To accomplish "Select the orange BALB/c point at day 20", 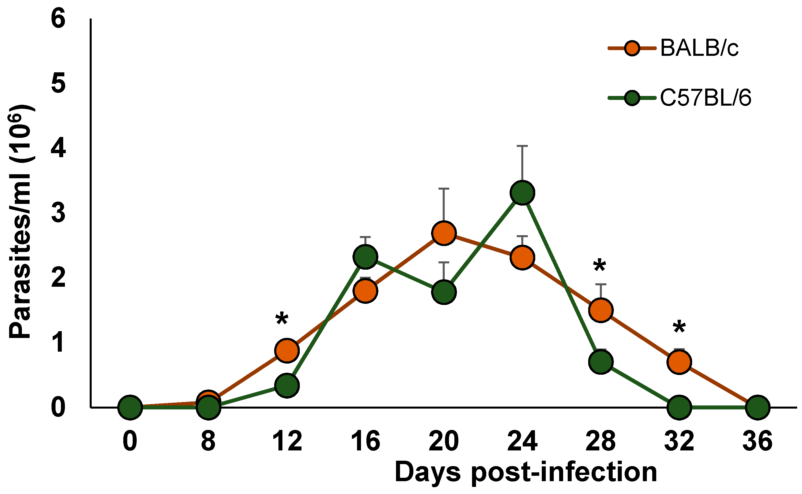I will tap(444, 233).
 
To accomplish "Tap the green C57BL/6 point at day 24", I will tap(522, 193).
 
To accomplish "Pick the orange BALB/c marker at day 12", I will tap(287, 350).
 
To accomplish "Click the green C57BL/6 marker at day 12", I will tap(287, 386).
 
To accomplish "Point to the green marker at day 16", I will tap(365, 257).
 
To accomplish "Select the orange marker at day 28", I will tap(601, 310).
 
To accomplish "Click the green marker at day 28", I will tap(601, 362).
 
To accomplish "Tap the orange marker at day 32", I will tap(679, 362).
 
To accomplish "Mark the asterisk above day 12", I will tap(282, 319).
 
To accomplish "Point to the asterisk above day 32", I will tap(679, 328).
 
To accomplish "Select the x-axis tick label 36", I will tap(757, 441).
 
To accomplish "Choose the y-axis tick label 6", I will tap(58, 19).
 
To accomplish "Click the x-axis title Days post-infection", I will tap(526, 472).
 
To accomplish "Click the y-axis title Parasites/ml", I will tap(20, 222).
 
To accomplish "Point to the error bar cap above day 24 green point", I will tap(522, 146).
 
